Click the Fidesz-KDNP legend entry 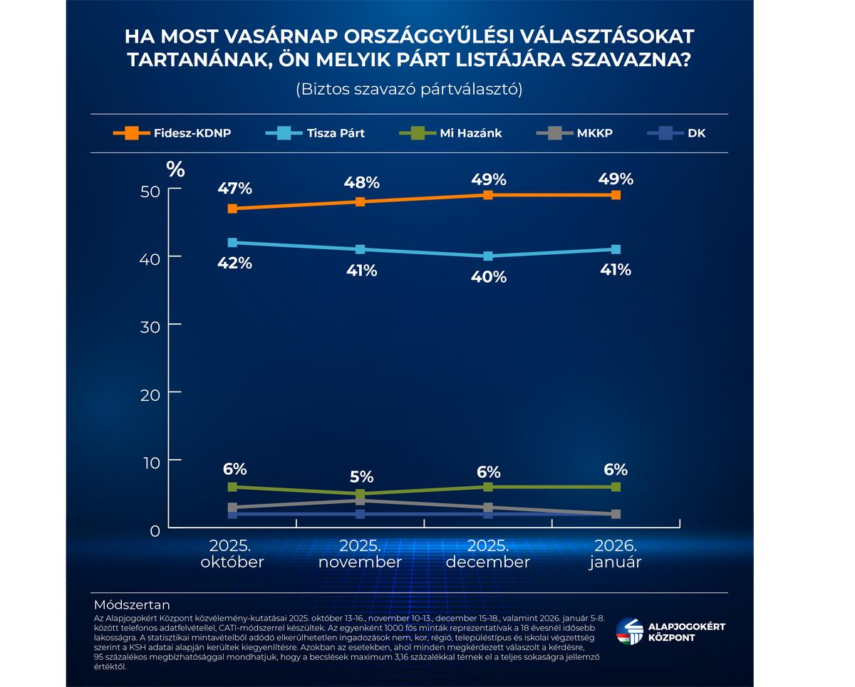pyautogui.click(x=172, y=133)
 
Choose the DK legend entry pyautogui.click(x=677, y=133)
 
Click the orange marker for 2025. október pyautogui.click(x=232, y=209)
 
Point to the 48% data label pyautogui.click(x=361, y=182)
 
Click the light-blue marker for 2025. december pyautogui.click(x=488, y=256)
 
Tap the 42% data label pyautogui.click(x=235, y=263)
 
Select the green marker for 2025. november pyautogui.click(x=361, y=493)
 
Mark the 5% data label pyautogui.click(x=361, y=476)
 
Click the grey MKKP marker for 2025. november pyautogui.click(x=361, y=501)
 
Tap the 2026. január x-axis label pyautogui.click(x=616, y=554)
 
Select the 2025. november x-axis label pyautogui.click(x=361, y=554)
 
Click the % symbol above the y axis pyautogui.click(x=175, y=169)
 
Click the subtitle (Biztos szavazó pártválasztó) pyautogui.click(x=409, y=90)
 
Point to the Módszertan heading pyautogui.click(x=132, y=605)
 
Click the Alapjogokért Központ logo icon pyautogui.click(x=628, y=631)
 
